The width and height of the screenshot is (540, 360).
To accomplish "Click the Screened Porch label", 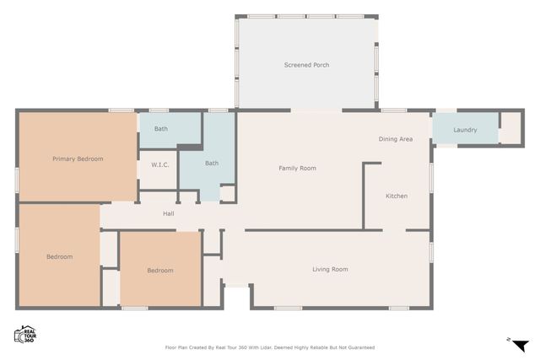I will (306, 65).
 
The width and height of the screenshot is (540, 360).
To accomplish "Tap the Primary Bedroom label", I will (78, 159).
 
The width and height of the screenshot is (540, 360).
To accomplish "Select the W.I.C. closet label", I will (160, 164).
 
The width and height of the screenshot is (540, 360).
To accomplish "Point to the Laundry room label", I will (465, 130).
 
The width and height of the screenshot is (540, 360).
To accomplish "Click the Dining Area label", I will (395, 139).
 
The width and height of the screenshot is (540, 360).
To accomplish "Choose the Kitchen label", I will (397, 196).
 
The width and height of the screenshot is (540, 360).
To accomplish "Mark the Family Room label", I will (297, 169).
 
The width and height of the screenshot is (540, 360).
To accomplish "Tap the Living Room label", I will (330, 270).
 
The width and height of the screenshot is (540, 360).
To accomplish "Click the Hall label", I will (169, 214).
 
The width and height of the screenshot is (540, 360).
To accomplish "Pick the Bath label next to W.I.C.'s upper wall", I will (160, 128).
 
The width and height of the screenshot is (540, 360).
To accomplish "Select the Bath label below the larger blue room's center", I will (212, 164).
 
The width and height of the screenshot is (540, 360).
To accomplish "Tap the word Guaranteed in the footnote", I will (358, 347).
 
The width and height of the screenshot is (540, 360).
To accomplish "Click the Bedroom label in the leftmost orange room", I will (59, 257).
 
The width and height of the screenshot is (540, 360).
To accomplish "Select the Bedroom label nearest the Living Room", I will (160, 271).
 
